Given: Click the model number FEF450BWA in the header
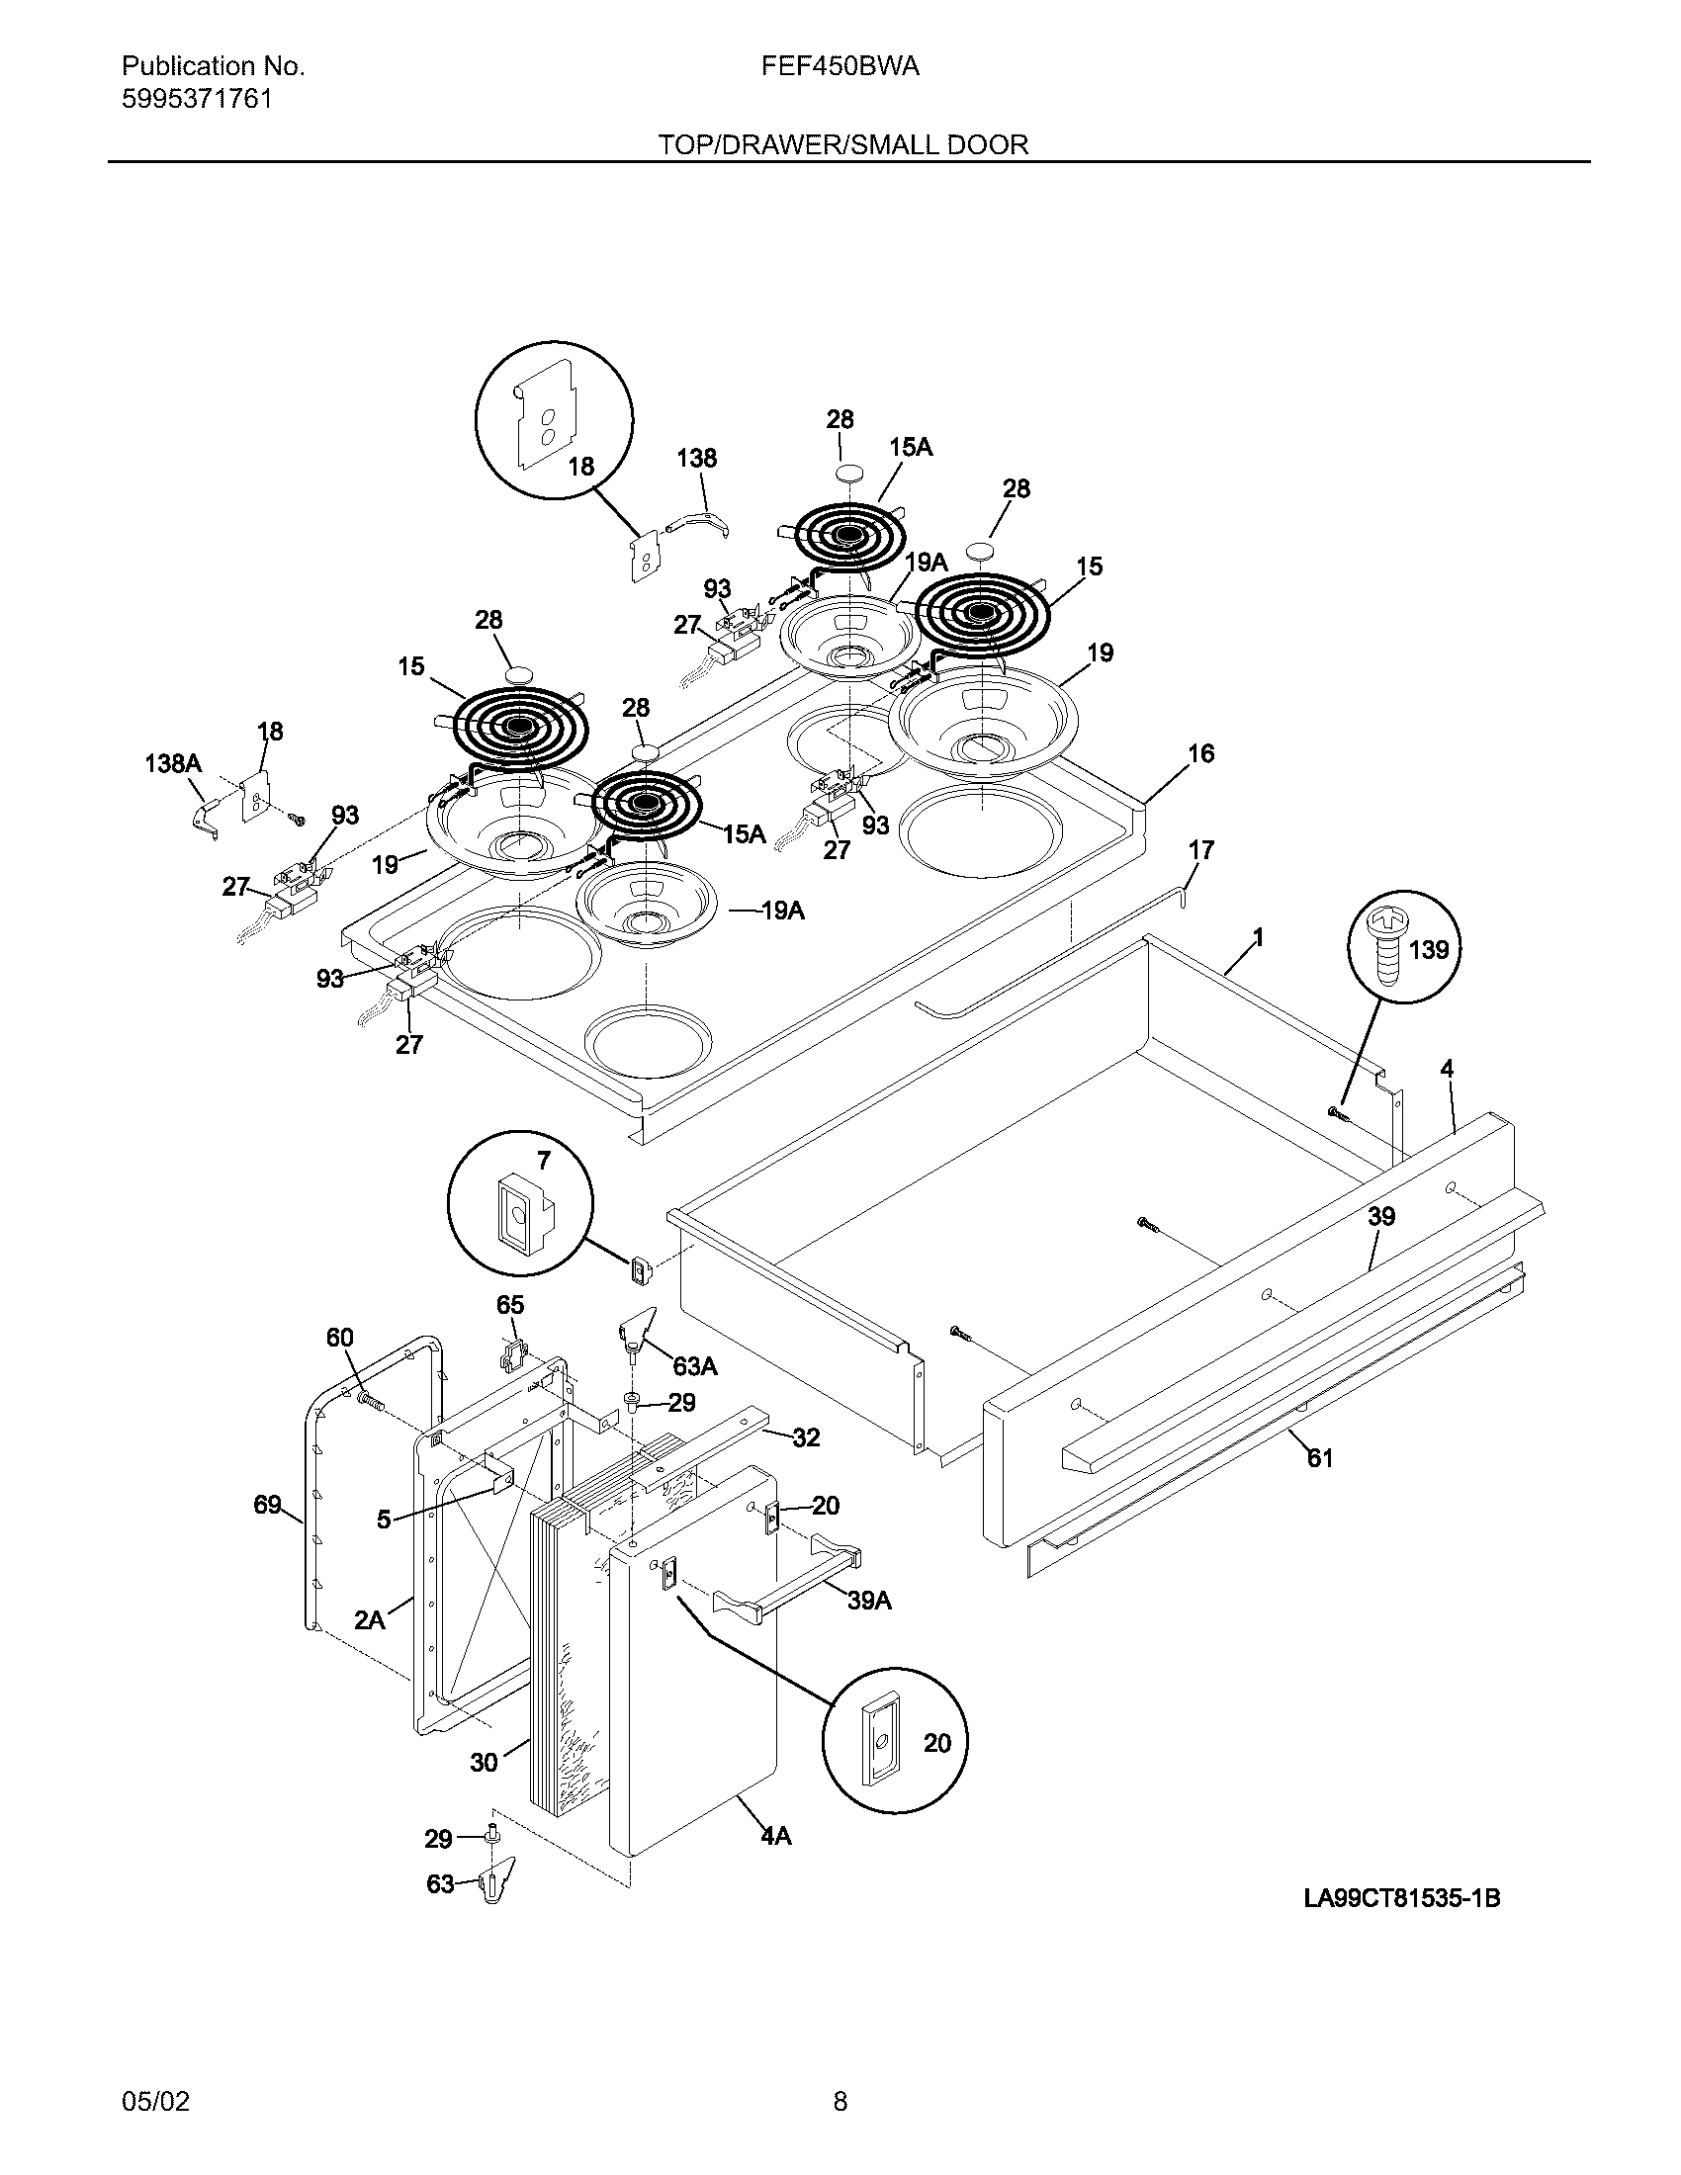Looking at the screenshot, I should (840, 66).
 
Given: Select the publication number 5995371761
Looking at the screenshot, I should (196, 100).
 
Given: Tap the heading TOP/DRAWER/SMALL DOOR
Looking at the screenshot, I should (841, 145).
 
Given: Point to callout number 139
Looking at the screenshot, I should (1429, 950).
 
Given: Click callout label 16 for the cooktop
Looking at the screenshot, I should (1201, 754).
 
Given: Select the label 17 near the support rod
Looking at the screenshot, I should (1201, 850).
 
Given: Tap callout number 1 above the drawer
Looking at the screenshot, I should (1258, 937).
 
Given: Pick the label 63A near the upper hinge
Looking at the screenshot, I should (694, 1366).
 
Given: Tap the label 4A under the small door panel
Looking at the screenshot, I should (776, 1836).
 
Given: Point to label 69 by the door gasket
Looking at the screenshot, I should (267, 1505).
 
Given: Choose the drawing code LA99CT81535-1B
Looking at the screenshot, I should (1401, 1898).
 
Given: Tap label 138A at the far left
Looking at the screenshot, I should (173, 764).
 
